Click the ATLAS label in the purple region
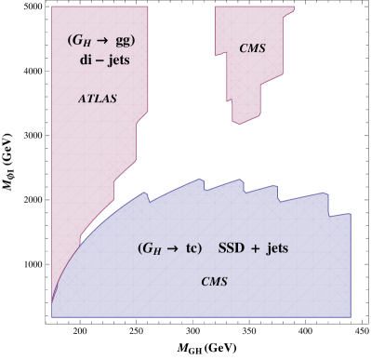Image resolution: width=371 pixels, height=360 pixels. pos(97,99)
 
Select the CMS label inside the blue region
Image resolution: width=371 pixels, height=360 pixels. pos(215,281)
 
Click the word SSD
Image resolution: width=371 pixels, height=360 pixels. pos(232,249)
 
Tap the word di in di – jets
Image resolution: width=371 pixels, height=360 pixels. pos(85,60)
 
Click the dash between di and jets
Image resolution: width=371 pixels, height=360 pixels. pos(99,60)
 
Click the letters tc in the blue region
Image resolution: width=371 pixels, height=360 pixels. pos(192,249)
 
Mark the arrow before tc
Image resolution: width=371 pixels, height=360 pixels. pos(174,249)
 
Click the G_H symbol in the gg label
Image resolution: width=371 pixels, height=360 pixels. pos(81,43)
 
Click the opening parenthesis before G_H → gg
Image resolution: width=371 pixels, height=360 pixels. pos(70,42)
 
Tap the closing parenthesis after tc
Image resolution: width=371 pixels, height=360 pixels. pos(201,249)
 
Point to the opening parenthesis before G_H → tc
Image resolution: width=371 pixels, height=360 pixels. pos(140,249)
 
